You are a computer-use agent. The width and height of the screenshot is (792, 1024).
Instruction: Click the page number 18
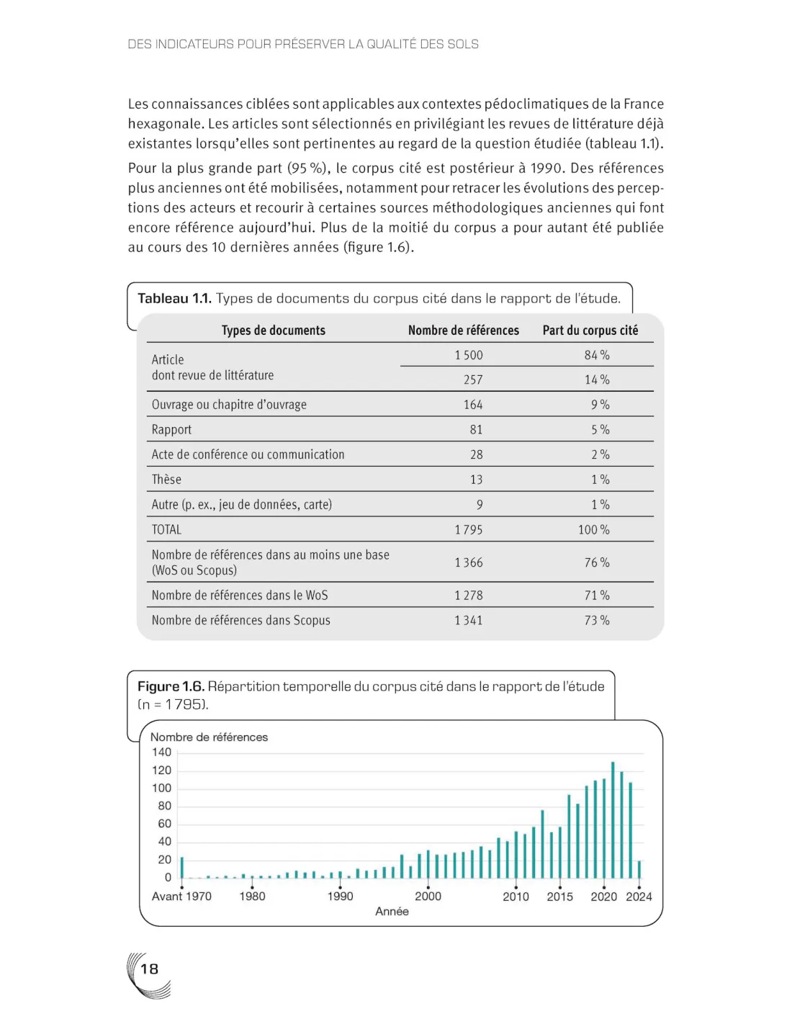(149, 969)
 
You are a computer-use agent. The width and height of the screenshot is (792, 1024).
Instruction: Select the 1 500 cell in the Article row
(469, 355)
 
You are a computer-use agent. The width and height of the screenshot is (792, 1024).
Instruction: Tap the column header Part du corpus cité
(590, 331)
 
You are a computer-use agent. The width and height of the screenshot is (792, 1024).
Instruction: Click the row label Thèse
(166, 480)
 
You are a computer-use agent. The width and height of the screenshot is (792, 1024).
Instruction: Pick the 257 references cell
(473, 379)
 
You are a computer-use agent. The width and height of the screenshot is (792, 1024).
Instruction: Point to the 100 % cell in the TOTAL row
(594, 530)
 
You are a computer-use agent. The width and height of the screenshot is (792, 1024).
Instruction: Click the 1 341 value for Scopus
(469, 620)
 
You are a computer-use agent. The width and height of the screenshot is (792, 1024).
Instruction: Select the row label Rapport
(171, 430)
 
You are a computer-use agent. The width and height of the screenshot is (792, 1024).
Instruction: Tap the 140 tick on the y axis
(161, 753)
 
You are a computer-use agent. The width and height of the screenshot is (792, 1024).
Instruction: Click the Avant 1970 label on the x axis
(181, 897)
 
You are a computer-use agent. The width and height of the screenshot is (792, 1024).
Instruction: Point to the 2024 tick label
(639, 897)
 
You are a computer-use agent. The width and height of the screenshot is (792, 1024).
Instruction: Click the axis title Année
(392, 912)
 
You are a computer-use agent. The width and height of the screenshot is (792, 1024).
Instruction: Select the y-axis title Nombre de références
(209, 737)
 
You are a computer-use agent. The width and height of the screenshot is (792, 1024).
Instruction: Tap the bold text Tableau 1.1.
(174, 299)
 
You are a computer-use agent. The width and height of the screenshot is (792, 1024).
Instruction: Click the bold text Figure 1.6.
(171, 686)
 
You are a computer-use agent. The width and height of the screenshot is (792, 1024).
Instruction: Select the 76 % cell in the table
(597, 562)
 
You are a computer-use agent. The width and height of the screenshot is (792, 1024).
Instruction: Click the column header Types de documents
(273, 331)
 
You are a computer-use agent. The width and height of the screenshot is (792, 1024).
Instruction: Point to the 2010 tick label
(516, 897)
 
